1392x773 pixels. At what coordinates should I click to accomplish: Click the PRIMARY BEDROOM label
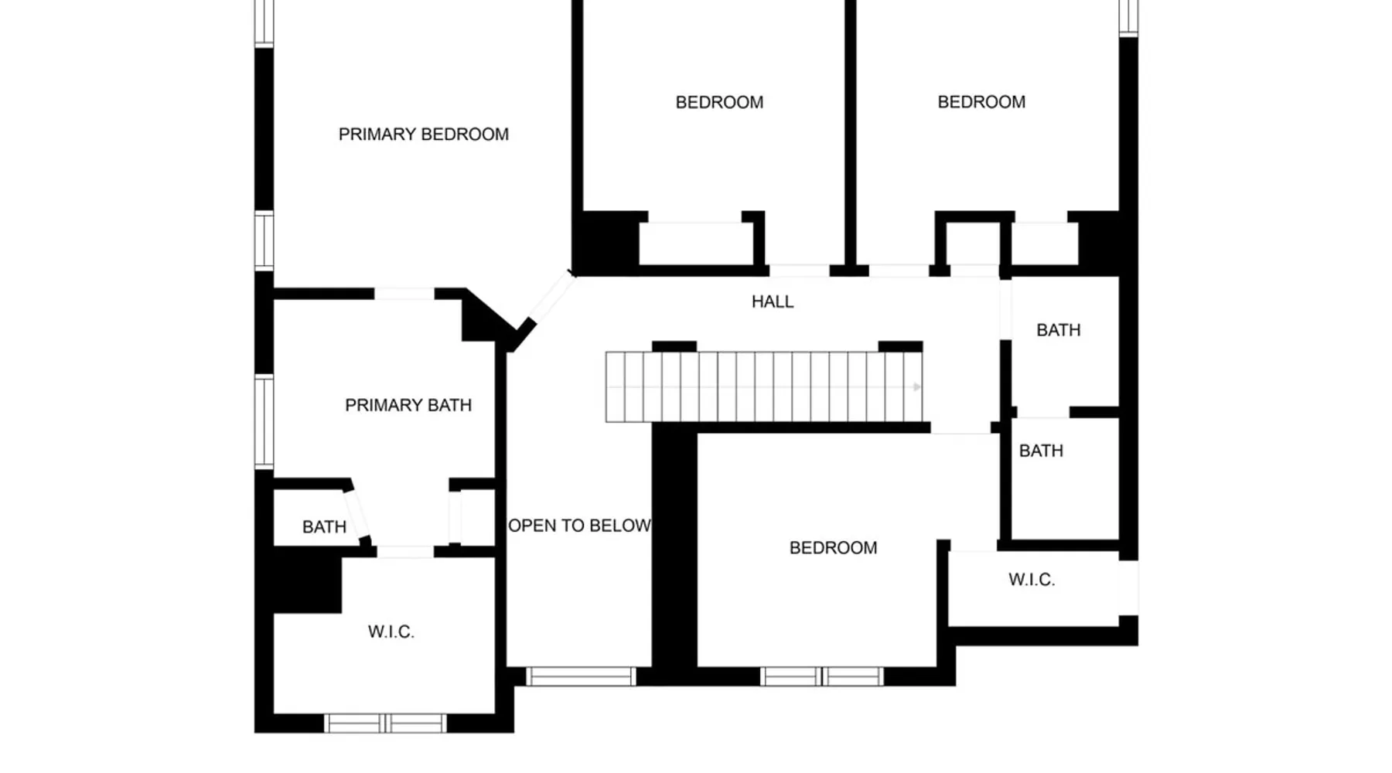pos(424,135)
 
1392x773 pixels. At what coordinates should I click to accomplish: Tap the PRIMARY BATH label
pos(408,405)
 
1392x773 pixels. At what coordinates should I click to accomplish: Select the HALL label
pos(773,301)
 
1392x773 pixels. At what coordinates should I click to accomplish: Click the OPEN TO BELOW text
pos(579,526)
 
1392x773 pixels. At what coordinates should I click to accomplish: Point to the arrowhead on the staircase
pos(917,386)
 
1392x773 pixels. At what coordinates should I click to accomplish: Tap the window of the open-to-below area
pos(581,676)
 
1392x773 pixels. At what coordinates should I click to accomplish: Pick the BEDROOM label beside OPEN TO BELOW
pos(833,548)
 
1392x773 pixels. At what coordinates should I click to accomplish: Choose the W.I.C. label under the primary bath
pos(391,632)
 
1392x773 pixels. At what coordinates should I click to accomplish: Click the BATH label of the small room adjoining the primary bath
pos(324,527)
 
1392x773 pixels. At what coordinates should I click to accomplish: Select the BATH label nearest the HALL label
pos(1059,330)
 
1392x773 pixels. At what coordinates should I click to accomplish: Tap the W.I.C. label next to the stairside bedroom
pos(1032,580)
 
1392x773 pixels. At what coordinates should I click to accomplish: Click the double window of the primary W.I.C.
pos(385,724)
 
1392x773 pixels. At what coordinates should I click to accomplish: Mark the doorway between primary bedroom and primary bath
pos(404,294)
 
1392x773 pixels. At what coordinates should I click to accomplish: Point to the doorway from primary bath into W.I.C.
pos(404,551)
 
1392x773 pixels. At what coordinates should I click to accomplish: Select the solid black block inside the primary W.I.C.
pos(308,580)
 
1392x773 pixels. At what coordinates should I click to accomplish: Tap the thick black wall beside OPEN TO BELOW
pos(674,549)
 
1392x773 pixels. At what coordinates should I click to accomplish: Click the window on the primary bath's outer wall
pos(264,421)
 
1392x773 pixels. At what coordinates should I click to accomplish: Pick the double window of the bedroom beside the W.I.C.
pos(822,676)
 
